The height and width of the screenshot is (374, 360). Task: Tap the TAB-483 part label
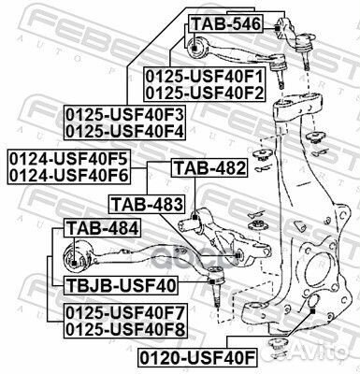click(146, 202)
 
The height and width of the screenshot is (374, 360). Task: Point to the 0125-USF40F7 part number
click(124, 311)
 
